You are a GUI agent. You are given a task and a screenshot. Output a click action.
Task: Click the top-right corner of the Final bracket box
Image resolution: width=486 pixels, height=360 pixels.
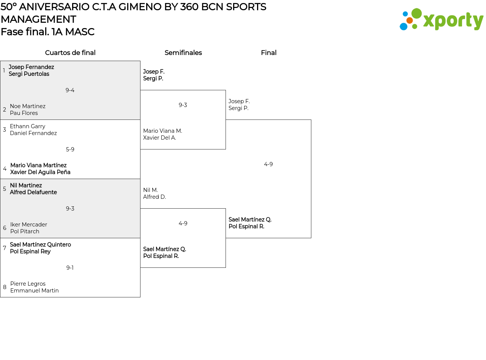click(x=311, y=119)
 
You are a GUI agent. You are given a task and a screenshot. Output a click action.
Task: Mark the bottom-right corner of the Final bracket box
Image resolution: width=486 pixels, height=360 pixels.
click(x=311, y=238)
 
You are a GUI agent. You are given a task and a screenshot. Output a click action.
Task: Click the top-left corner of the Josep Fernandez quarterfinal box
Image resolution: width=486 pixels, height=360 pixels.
click(x=0, y=61)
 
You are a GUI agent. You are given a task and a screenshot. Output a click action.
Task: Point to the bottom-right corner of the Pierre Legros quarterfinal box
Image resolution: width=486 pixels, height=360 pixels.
click(x=140, y=297)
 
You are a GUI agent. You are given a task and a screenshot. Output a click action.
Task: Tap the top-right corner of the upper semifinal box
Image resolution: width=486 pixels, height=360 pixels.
click(x=226, y=90)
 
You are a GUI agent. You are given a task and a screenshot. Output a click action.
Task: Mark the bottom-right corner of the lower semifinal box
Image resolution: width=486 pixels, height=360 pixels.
click(x=226, y=267)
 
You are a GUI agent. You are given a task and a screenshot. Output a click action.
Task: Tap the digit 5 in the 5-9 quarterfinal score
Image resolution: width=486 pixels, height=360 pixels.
click(x=68, y=149)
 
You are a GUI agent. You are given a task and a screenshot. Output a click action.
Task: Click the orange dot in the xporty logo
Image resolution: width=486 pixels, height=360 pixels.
click(x=410, y=20)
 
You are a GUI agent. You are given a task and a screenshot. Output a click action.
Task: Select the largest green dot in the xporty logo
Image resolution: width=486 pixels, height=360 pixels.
click(x=417, y=13)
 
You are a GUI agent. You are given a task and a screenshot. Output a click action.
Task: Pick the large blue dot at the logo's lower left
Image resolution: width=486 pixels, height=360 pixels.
click(x=403, y=26)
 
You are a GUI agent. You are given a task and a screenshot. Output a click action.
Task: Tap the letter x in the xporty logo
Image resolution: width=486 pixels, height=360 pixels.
click(x=428, y=21)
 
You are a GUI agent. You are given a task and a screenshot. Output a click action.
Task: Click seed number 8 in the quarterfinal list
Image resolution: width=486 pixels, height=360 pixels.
click(x=5, y=287)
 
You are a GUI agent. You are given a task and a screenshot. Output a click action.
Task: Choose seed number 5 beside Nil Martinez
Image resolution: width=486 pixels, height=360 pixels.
click(x=5, y=189)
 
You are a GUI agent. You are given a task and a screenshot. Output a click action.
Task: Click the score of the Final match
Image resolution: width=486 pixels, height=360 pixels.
click(x=268, y=164)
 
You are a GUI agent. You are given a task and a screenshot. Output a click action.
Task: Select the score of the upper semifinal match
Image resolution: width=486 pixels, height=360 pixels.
click(x=183, y=105)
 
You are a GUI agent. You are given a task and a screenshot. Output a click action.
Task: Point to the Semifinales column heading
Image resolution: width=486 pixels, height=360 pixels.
click(x=183, y=53)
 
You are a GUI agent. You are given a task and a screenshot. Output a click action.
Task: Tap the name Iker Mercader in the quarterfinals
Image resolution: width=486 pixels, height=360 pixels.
click(x=28, y=225)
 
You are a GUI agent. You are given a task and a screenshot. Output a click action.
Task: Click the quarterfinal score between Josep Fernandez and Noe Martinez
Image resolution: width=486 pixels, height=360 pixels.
click(x=70, y=90)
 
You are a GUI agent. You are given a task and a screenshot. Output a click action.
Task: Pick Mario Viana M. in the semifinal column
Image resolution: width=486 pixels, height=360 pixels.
click(x=163, y=131)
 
